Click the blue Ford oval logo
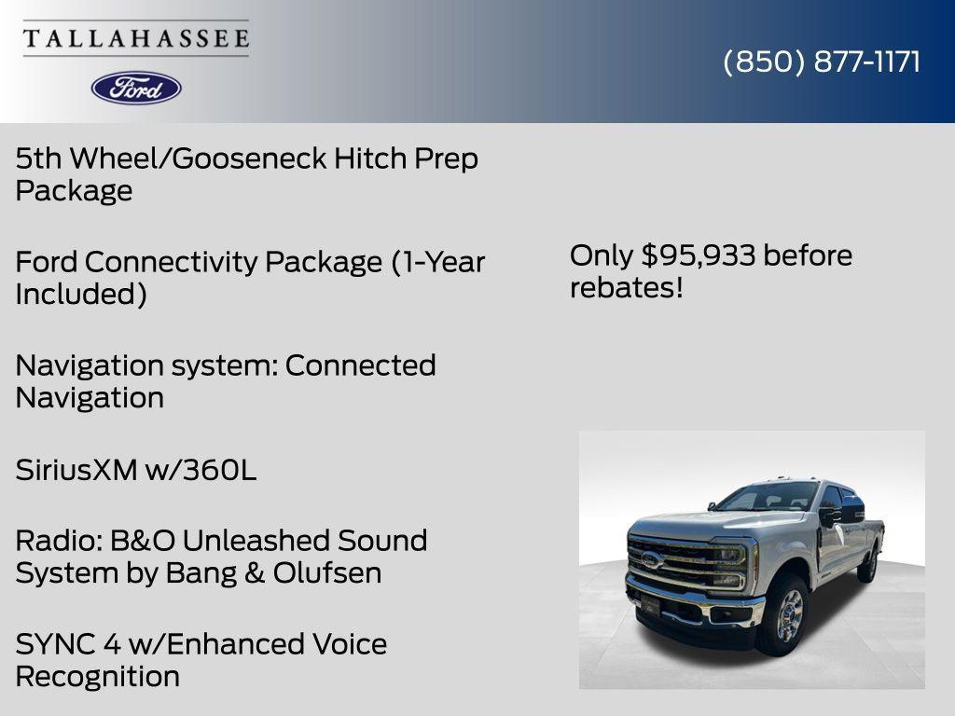coord(136,88)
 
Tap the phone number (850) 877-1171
coord(822,62)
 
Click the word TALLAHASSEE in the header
coord(136,39)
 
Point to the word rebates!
coord(627,288)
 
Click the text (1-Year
coord(437,262)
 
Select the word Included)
coord(81,295)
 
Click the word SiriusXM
coord(76,471)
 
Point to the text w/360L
coord(201,471)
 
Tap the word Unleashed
coord(255,541)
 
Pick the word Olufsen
coord(327,573)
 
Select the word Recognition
coord(98,677)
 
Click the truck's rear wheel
coord(869,565)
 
